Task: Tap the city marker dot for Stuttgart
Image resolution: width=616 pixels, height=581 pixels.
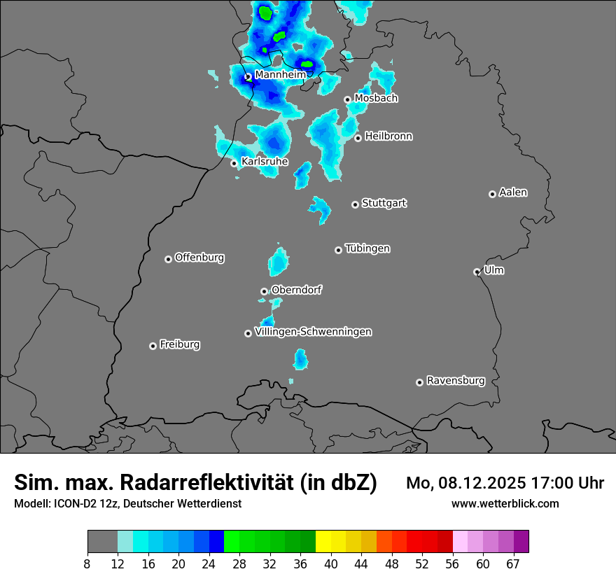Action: point(355,204)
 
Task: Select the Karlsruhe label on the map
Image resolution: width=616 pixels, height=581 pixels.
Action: point(264,162)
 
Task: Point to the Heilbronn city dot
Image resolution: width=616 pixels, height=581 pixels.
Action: point(358,138)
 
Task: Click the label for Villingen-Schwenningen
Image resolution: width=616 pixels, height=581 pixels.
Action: point(313,332)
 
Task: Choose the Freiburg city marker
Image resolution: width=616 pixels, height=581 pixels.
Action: point(153,346)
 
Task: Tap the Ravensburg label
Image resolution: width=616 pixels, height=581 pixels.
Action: point(455,381)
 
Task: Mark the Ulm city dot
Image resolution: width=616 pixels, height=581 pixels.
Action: point(477,272)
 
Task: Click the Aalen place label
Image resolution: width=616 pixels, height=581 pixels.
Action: point(513,192)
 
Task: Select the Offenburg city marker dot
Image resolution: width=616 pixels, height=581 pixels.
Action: point(168,259)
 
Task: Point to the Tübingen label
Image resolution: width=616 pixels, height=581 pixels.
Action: point(367,248)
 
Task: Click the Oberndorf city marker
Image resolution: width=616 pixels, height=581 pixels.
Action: point(264,291)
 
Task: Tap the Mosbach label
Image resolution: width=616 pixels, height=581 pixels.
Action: point(375,99)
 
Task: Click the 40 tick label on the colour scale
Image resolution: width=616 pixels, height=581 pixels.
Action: point(331,563)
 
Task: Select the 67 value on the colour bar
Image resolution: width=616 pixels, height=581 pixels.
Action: point(513,563)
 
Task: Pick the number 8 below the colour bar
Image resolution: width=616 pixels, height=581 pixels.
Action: point(87,563)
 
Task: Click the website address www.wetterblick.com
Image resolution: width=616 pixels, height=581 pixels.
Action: point(505,503)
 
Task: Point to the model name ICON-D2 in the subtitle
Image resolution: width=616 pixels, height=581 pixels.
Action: point(72,503)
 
